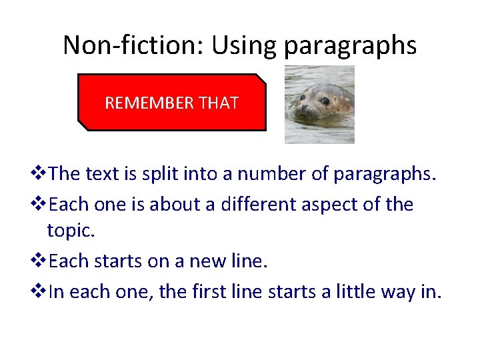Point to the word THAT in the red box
point(218,103)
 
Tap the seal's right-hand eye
point(325,101)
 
